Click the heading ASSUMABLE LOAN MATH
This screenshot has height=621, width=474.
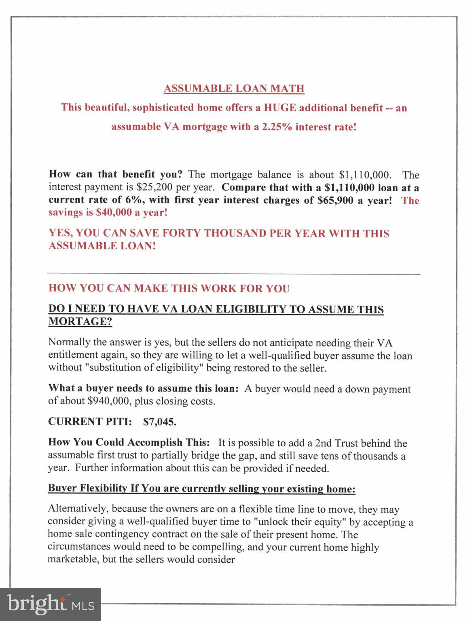[234, 89]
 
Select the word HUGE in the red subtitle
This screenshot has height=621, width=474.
[280, 108]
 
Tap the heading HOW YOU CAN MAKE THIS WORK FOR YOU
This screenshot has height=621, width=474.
[169, 288]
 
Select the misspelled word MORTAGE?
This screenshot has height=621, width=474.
[80, 322]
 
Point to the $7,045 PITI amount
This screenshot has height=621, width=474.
[160, 422]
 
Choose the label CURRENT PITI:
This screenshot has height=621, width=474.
[90, 422]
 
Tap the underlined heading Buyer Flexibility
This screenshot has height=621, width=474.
[87, 488]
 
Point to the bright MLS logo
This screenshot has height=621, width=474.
[51, 604]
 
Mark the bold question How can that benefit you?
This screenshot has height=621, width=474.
[116, 175]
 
